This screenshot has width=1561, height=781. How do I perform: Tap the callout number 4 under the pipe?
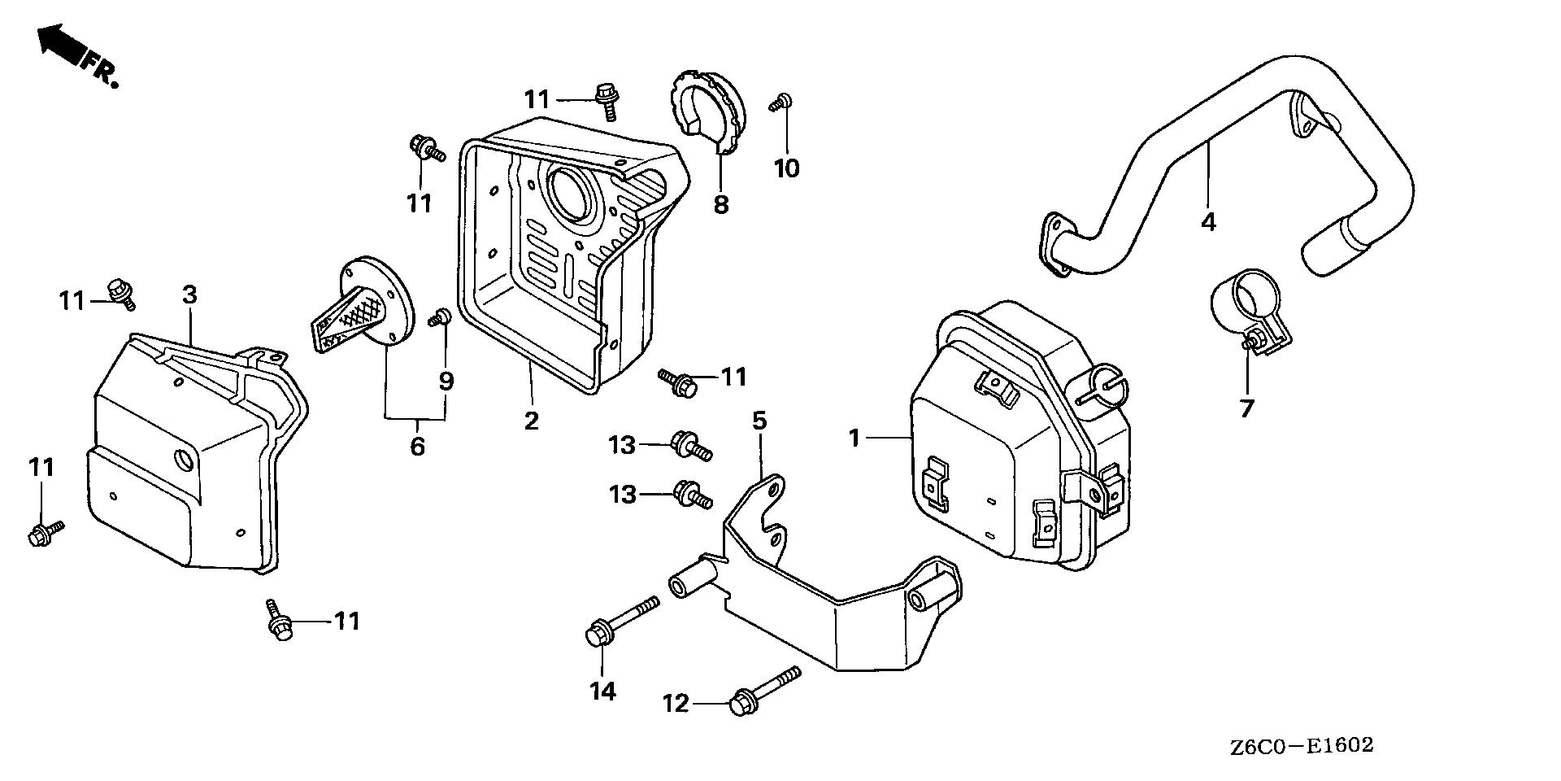pos(1208,220)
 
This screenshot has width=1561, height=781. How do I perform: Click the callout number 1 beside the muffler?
pos(854,438)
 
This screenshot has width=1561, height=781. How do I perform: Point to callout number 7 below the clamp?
pos(1246,408)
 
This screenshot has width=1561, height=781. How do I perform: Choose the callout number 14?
pos(602,692)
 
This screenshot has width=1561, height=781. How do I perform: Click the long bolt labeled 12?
pos(764,690)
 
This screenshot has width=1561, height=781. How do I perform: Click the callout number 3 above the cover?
pos(189,295)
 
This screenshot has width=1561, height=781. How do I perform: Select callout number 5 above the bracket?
pos(759,421)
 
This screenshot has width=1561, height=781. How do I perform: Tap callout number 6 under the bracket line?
pos(417,446)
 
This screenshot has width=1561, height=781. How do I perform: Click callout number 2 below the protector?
pos(531,421)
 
